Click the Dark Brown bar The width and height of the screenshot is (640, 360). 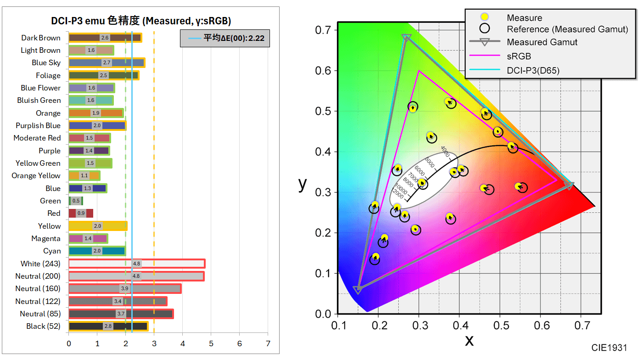pos(105,38)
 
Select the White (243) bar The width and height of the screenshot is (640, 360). pos(136,264)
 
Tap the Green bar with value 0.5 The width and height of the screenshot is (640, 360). pos(75,201)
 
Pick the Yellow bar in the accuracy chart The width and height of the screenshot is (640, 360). pos(97,226)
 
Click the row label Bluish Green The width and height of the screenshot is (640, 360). pos(39,101)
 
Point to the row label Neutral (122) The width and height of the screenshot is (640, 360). pos(38,301)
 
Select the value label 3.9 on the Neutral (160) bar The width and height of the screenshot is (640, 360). pos(124,288)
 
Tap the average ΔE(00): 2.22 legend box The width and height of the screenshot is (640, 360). pos(225,38)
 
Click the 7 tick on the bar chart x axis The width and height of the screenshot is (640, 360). pos(268,343)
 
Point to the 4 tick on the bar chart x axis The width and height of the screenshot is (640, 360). pos(182,343)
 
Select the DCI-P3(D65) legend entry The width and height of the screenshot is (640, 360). pos(533,70)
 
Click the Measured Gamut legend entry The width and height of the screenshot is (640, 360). pos(542,42)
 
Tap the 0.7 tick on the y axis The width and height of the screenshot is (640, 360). pos(325,30)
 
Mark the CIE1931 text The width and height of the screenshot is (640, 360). pos(609,348)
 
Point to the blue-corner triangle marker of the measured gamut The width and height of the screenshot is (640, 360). pos(358,290)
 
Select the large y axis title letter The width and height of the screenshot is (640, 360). pos(303,184)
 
